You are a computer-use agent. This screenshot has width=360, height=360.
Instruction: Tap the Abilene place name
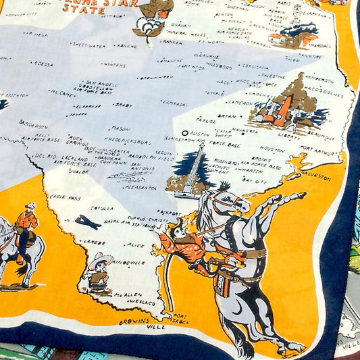point(125,46)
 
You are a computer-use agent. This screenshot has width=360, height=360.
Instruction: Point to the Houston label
point(272,149)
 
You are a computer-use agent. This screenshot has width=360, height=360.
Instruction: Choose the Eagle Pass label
point(65,197)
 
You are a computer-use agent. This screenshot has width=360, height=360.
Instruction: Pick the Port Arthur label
point(315,151)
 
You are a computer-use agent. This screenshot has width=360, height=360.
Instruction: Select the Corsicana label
point(256,68)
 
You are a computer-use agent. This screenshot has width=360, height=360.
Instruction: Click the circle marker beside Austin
point(185,134)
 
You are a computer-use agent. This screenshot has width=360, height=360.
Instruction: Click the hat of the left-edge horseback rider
point(30,205)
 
